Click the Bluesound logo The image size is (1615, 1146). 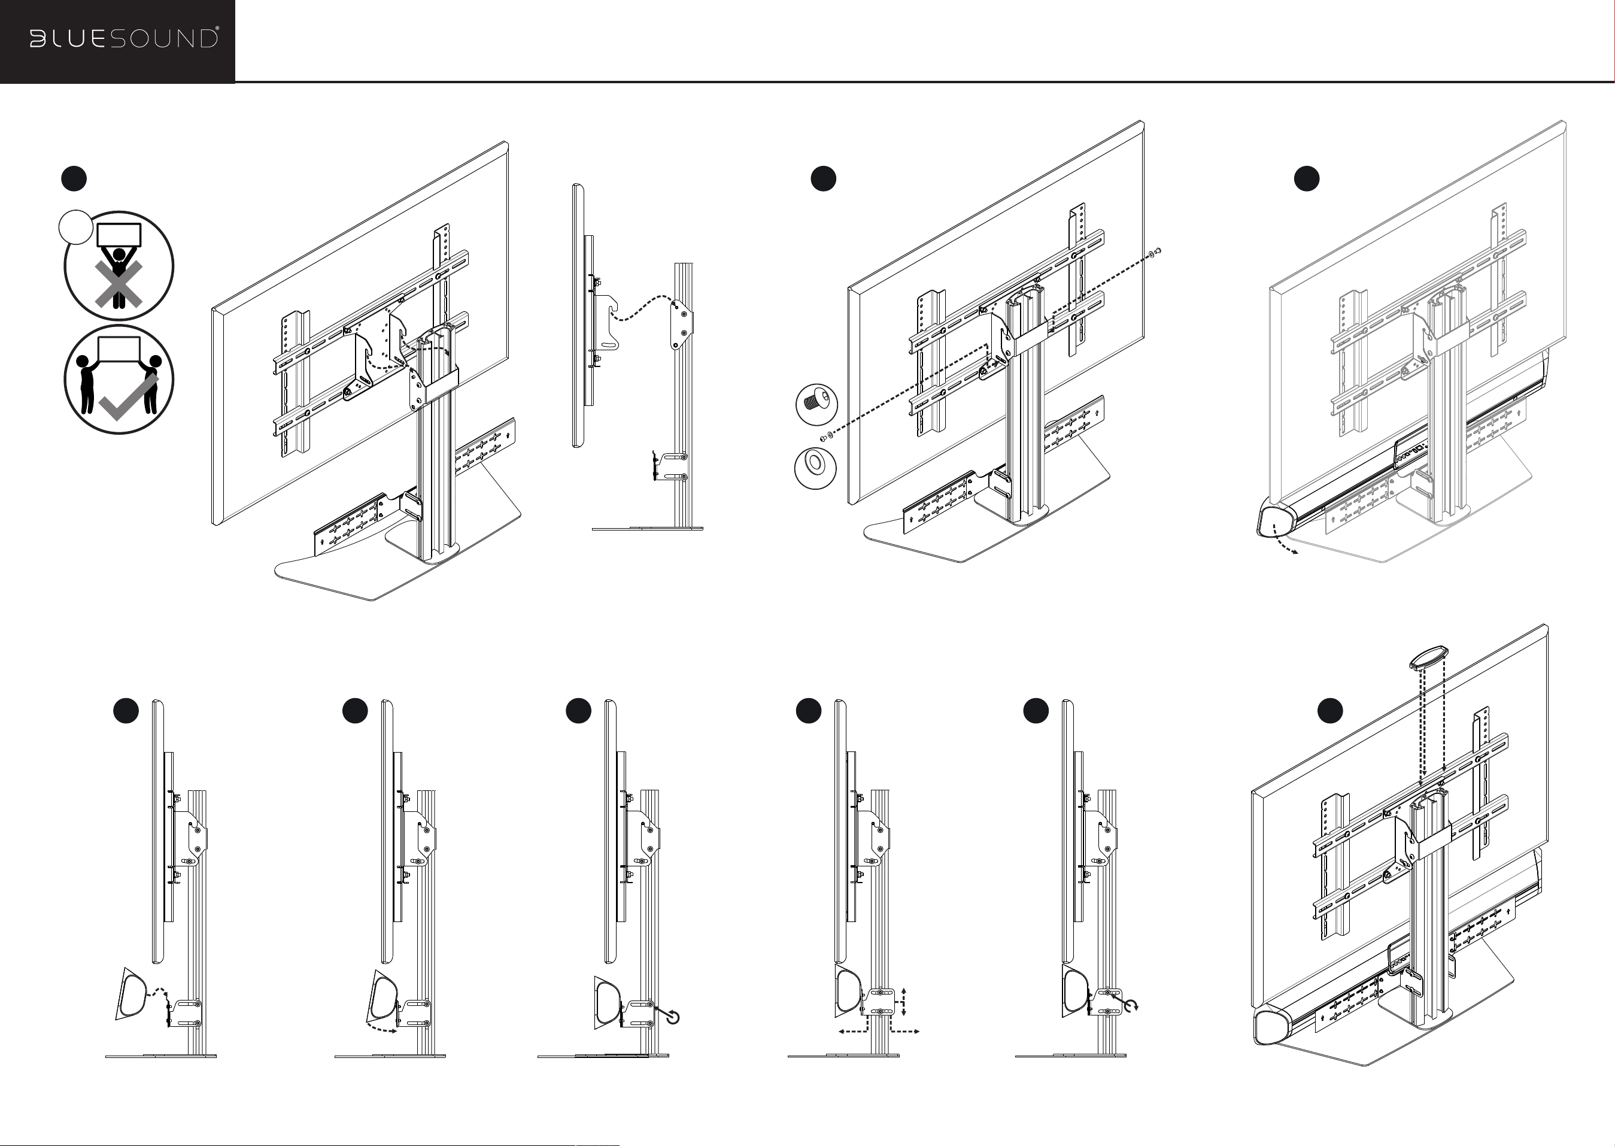tap(123, 39)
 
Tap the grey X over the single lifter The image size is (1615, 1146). tap(119, 284)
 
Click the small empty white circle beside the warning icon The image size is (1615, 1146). tap(75, 228)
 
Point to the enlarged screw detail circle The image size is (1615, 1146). tap(817, 405)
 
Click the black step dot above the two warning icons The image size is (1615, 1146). tap(74, 178)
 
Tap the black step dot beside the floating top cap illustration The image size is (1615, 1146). tap(1330, 711)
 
